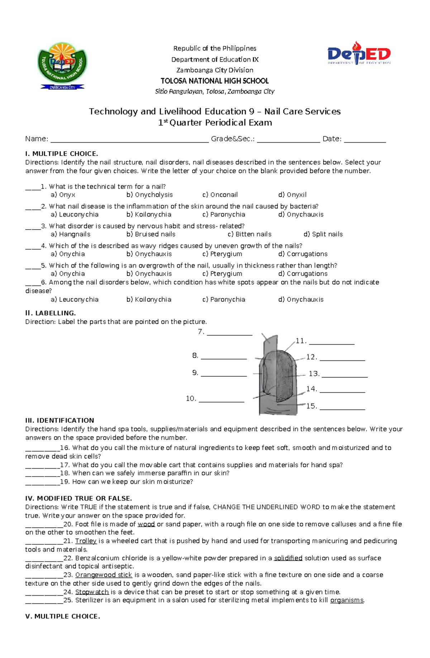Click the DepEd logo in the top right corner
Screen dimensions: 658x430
(359, 54)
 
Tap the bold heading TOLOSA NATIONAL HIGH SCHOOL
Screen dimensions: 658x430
(214, 81)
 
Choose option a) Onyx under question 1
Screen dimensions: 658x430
(63, 195)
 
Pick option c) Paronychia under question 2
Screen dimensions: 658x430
(224, 214)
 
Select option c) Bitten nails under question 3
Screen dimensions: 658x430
(249, 234)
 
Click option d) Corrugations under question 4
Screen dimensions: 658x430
(303, 254)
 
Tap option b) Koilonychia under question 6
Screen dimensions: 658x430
(149, 299)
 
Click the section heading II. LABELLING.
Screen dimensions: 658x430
(51, 313)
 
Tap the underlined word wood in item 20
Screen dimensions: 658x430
(146, 524)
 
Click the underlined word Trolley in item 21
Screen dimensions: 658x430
(86, 541)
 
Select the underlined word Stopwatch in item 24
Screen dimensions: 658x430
(92, 592)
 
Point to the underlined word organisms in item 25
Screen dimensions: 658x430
(347, 600)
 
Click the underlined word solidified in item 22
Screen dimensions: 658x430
(288, 558)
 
